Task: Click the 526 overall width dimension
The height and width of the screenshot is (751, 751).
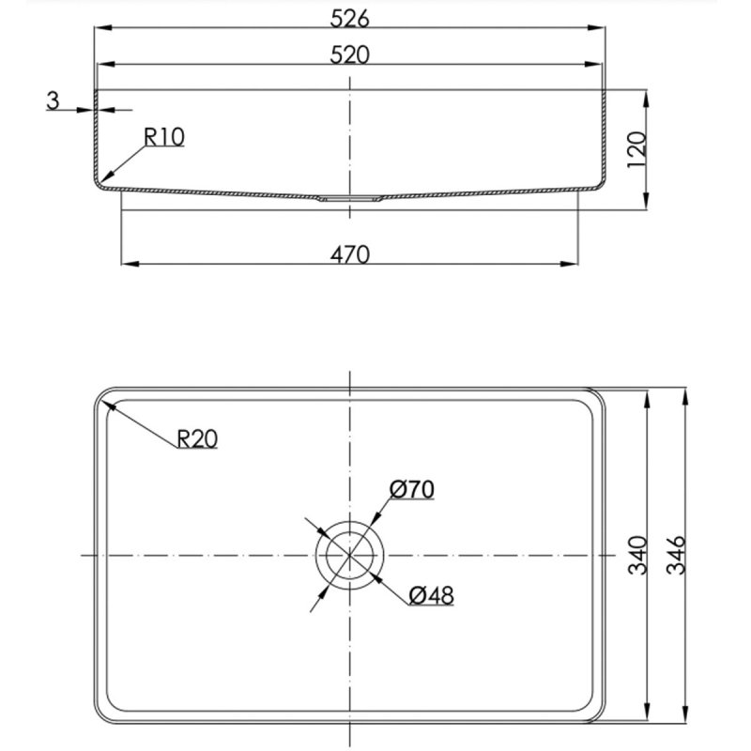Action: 349,19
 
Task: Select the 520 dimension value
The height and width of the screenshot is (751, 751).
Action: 349,55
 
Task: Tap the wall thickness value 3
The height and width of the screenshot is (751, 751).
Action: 53,100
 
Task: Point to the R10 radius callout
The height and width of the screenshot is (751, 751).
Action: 163,137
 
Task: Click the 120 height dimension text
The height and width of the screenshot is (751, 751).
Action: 636,149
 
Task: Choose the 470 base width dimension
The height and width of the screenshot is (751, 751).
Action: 349,254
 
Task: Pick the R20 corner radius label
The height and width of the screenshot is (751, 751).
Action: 197,438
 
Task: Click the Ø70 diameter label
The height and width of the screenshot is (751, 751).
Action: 412,489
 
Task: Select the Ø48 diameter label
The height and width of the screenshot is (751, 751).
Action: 431,596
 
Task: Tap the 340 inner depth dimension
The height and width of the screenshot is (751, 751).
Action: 637,555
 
